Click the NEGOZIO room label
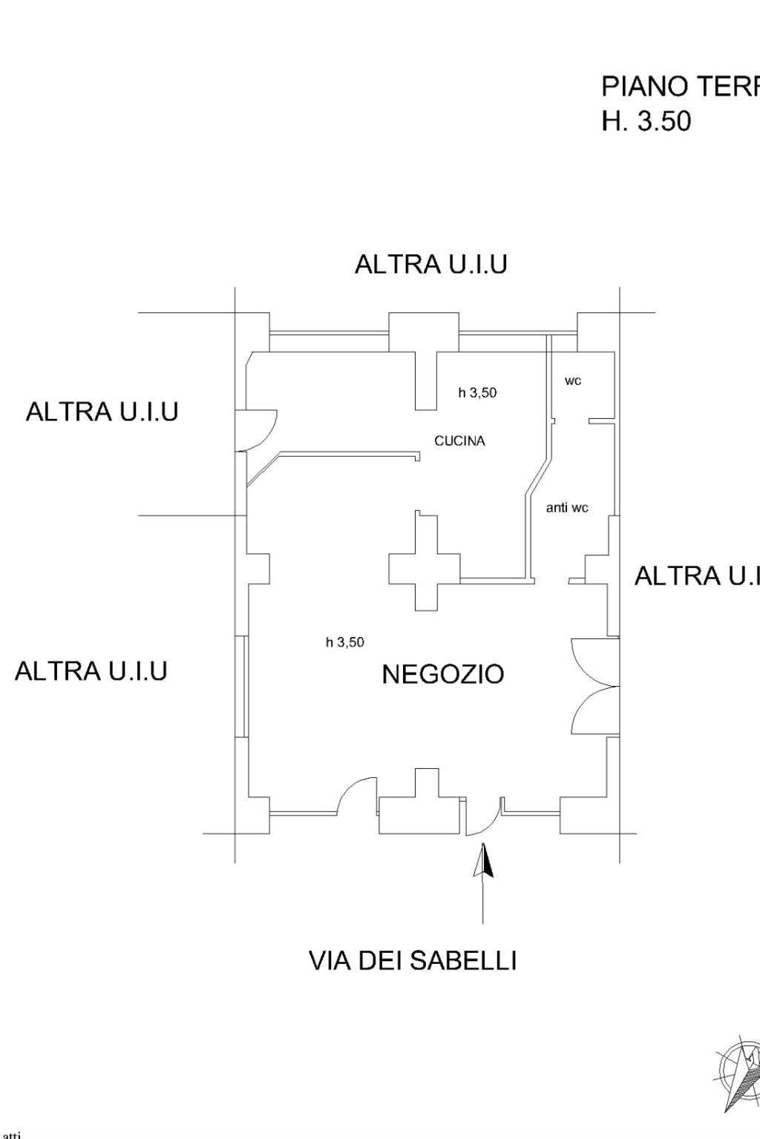click(x=443, y=674)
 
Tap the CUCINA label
click(x=459, y=441)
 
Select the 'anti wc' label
click(x=567, y=508)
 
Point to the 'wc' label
click(x=573, y=381)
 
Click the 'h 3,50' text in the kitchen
click(x=477, y=393)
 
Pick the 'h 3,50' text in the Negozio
click(x=345, y=642)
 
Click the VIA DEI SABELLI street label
click(x=413, y=961)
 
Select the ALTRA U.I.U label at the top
click(x=430, y=265)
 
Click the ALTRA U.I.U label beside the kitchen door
click(x=102, y=412)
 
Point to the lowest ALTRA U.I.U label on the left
click(x=91, y=671)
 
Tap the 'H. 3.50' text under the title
click(x=646, y=122)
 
